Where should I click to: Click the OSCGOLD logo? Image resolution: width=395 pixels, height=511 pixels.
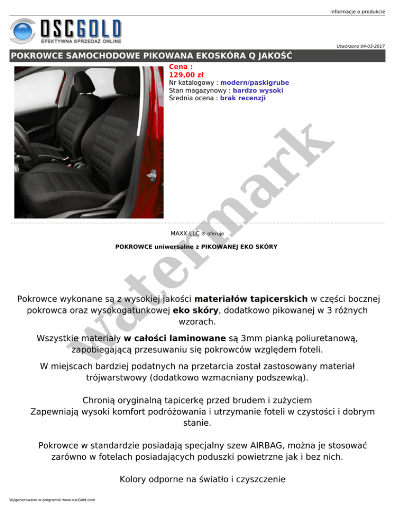pyautogui.click(x=66, y=31)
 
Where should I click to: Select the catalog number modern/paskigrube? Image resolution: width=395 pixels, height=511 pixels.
pyautogui.click(x=255, y=82)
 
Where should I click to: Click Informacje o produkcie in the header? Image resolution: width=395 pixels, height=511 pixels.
pyautogui.click(x=357, y=11)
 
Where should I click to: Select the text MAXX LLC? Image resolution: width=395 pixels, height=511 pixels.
pyautogui.click(x=185, y=233)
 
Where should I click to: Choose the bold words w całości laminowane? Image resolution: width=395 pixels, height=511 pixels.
pyautogui.click(x=175, y=339)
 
